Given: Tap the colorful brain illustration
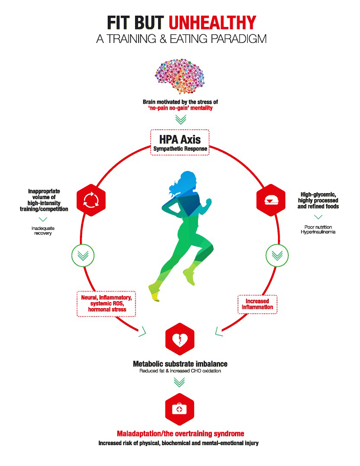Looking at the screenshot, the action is (180, 75).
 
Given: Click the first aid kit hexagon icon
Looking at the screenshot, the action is (180, 408).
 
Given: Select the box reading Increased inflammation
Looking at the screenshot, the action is (257, 304).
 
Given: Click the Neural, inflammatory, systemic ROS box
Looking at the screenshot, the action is (107, 303).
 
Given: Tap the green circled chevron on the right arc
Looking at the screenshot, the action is (277, 255).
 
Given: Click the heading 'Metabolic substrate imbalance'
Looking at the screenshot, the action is (180, 364).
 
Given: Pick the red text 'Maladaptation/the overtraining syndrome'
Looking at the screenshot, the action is (180, 433).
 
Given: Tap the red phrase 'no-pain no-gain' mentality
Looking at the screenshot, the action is (180, 108).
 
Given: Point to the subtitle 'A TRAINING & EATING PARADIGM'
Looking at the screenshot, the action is (180, 39).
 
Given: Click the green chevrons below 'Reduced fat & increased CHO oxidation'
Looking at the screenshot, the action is (180, 382).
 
